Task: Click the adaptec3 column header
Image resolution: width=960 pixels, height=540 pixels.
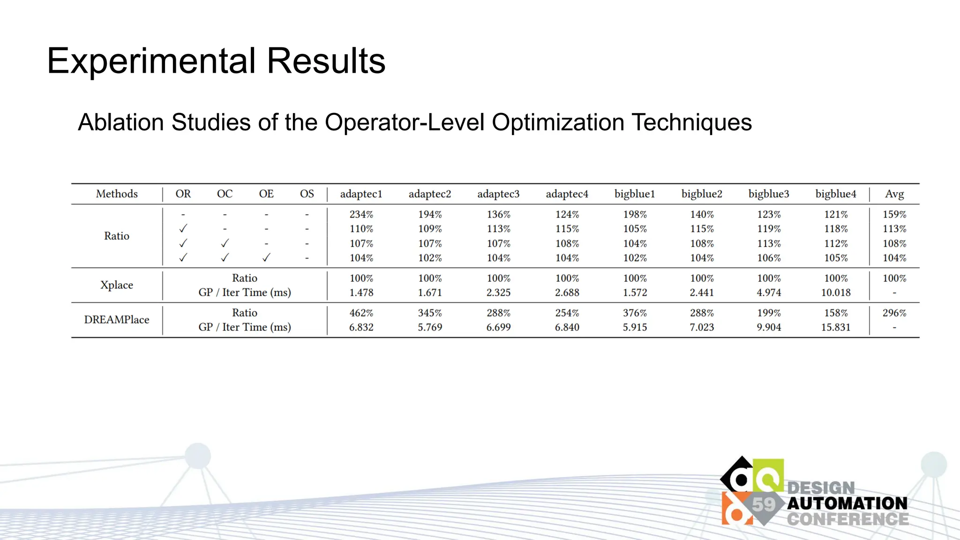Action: pyautogui.click(x=498, y=194)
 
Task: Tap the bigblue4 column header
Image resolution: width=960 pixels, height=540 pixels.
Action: pyautogui.click(x=836, y=194)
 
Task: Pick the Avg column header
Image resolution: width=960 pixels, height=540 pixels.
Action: pyautogui.click(x=894, y=194)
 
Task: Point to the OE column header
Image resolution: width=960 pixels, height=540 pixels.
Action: pyautogui.click(x=266, y=194)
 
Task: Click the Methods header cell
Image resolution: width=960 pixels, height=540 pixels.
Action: pyautogui.click(x=117, y=194)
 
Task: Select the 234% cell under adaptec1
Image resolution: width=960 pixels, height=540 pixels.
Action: pyautogui.click(x=361, y=215)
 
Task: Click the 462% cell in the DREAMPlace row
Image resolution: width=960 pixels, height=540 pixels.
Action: pyautogui.click(x=361, y=313)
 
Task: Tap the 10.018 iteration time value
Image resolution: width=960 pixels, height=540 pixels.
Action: pyautogui.click(x=836, y=292)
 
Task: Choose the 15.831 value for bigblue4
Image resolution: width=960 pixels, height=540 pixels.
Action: pyautogui.click(x=836, y=327)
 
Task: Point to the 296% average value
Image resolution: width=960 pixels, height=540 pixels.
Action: pyautogui.click(x=894, y=313)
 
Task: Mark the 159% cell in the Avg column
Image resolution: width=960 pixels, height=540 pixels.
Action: pyautogui.click(x=894, y=215)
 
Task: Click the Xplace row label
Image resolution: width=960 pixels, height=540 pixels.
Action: pyautogui.click(x=117, y=285)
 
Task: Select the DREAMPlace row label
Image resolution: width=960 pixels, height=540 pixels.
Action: pyautogui.click(x=117, y=320)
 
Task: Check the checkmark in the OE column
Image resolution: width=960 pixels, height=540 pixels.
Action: pyautogui.click(x=266, y=257)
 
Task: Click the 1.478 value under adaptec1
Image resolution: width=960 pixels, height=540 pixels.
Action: pyautogui.click(x=361, y=292)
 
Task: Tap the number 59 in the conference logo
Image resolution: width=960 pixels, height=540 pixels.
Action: pyautogui.click(x=764, y=504)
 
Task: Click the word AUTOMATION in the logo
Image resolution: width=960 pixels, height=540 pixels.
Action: pyautogui.click(x=847, y=503)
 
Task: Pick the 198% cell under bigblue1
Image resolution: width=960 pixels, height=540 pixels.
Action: pyautogui.click(x=635, y=215)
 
